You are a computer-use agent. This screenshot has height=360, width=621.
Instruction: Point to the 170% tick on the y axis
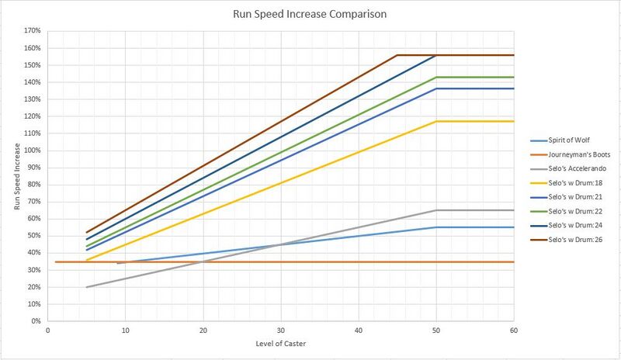point(32,31)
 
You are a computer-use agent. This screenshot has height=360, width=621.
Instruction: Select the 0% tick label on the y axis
point(35,320)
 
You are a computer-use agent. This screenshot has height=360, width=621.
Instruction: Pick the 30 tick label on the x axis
point(280,329)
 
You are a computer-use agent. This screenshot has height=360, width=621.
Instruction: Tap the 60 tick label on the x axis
point(513,329)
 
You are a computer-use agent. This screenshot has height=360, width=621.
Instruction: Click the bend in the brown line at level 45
point(397,55)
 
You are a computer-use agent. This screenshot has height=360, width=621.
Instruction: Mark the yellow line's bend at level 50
point(435,121)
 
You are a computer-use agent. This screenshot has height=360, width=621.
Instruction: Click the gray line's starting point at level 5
point(86,287)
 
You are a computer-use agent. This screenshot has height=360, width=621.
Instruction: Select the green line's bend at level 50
point(435,77)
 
